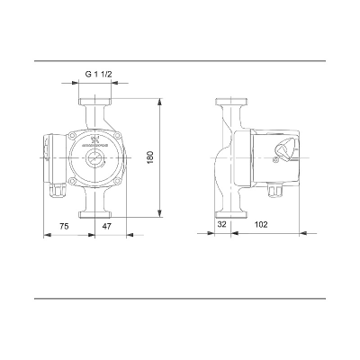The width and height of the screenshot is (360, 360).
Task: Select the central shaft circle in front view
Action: pos(94,157)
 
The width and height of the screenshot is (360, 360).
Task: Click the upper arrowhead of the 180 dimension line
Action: pos(158,102)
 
